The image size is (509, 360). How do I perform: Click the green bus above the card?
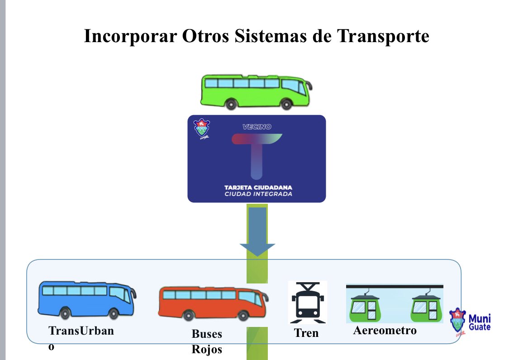pos(256,91)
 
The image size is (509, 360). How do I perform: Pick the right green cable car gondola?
pos(425,307)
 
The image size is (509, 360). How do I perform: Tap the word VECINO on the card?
pos(257,127)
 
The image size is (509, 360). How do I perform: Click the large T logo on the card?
pos(257,154)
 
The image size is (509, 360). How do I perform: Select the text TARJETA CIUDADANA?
pos(258,187)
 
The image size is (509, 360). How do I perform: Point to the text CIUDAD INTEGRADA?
pos(258,194)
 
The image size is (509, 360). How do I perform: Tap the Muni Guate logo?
pos(471,322)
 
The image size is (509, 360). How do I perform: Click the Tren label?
pos(306,333)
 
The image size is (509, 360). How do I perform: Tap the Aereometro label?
pos(385,330)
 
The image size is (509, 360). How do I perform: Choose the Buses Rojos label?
pos(207,342)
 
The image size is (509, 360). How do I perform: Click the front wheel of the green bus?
pos(285,104)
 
